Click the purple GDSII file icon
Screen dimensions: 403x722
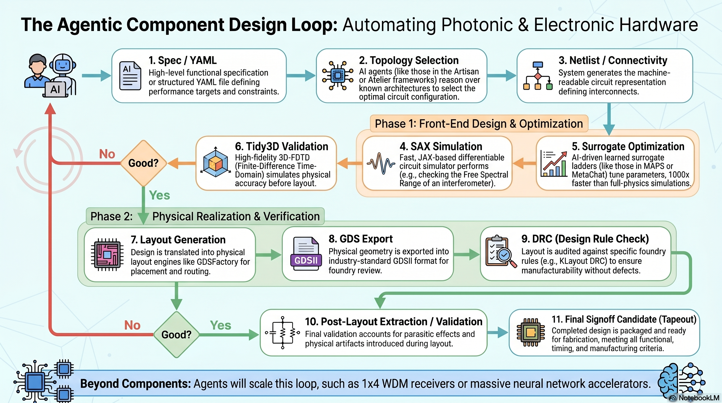point(306,254)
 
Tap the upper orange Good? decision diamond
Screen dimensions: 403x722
point(143,163)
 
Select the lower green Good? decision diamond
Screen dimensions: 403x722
point(176,334)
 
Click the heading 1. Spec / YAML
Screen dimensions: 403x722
point(182,60)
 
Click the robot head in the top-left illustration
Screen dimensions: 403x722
point(63,65)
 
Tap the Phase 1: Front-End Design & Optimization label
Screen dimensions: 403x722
point(479,124)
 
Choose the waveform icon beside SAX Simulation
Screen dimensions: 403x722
point(381,163)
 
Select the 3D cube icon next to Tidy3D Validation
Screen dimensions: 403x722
point(215,163)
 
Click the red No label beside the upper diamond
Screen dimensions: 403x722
point(107,154)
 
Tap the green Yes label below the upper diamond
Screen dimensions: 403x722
point(159,195)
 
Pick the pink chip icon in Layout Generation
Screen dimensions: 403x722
point(107,255)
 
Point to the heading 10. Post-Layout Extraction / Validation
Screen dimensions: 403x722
point(393,321)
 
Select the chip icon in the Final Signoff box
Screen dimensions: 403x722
point(530,332)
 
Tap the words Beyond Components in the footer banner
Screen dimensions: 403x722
point(135,383)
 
